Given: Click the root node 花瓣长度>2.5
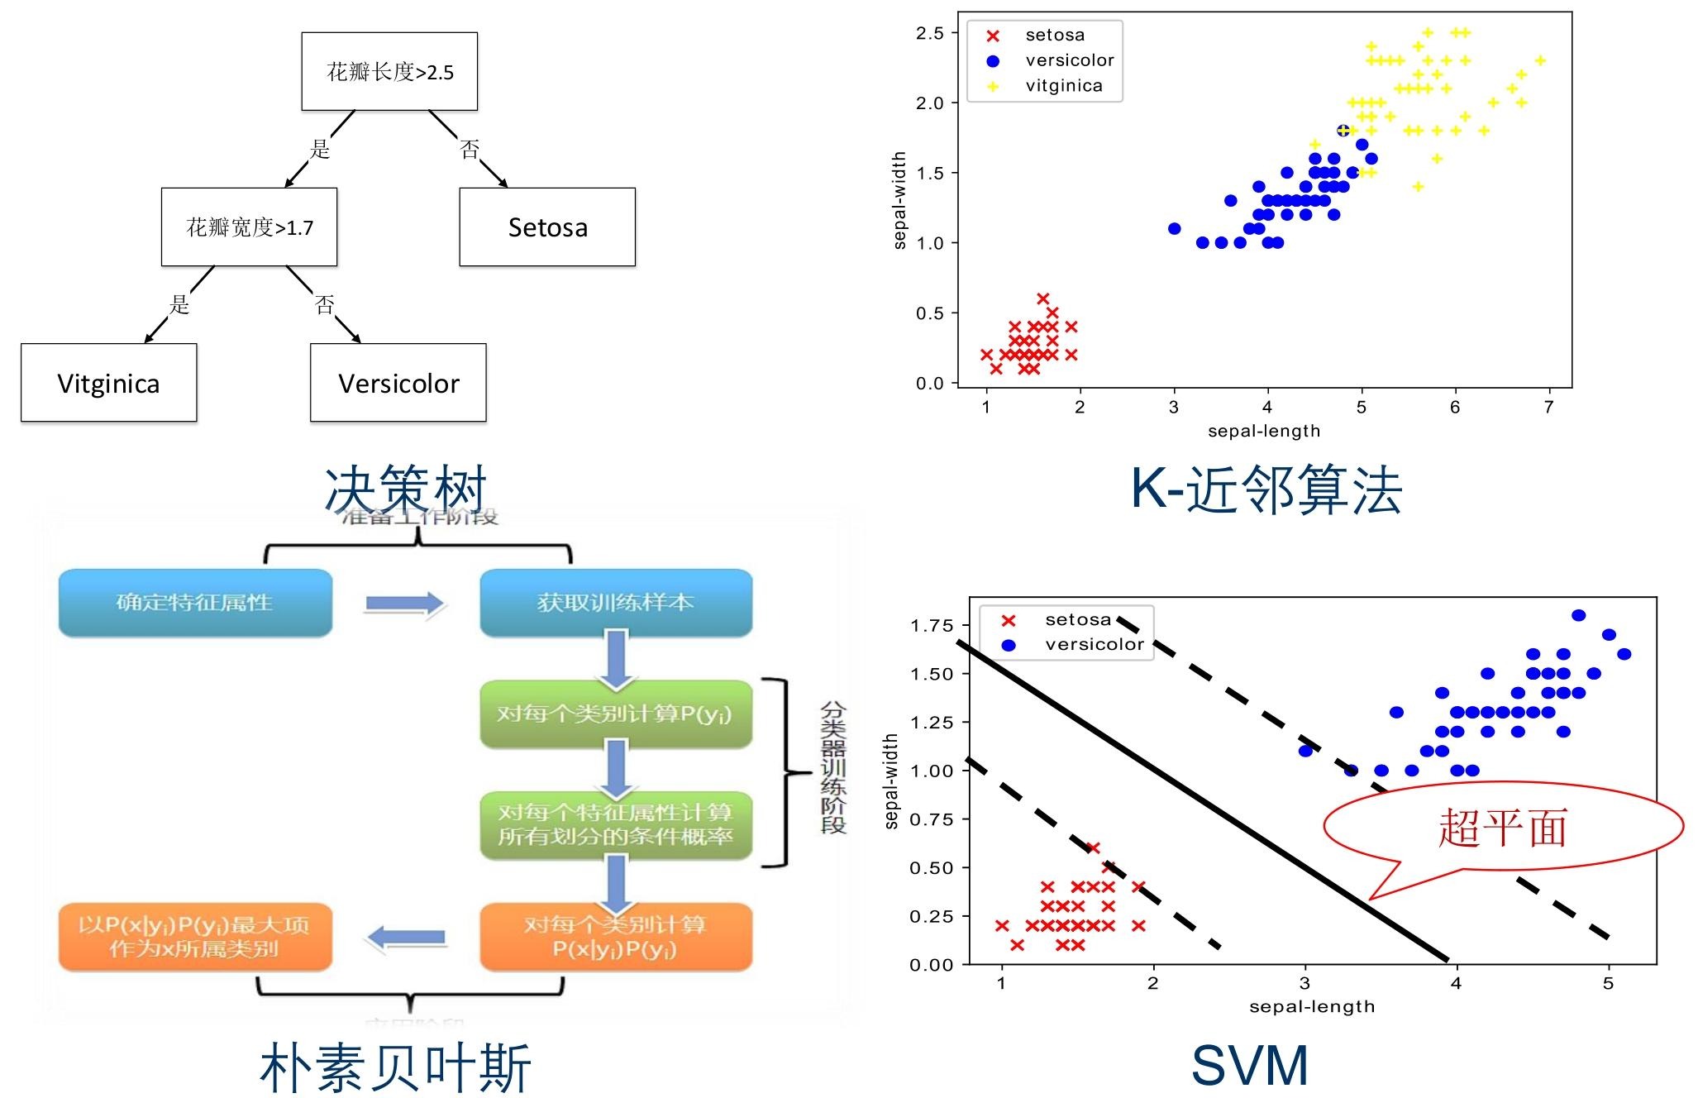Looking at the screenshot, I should (389, 72).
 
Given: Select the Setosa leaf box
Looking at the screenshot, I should (547, 227).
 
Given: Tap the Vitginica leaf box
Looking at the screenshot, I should (108, 383).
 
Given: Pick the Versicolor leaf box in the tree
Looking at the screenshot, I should (398, 383).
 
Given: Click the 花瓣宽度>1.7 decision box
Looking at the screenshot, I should (249, 227).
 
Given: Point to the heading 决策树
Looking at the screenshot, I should (405, 489).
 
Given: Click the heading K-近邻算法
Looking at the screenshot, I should (1266, 489).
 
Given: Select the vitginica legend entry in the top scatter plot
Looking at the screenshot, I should (1063, 86).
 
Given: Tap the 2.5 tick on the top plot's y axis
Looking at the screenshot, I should (930, 33).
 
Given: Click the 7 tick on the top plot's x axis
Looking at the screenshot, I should (1548, 407).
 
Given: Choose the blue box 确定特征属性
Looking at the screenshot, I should (195, 603).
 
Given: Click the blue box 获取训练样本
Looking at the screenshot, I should (616, 603).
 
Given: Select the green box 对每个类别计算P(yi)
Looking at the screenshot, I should (616, 714).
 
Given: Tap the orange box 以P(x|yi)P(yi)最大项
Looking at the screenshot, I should (195, 937).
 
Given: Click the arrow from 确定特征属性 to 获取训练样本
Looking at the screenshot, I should (405, 604).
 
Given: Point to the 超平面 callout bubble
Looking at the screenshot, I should (1502, 827).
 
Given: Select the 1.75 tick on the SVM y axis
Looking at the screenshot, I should (932, 626).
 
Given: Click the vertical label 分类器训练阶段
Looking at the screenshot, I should (832, 768).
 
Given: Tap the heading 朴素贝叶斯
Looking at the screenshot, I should (395, 1067).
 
